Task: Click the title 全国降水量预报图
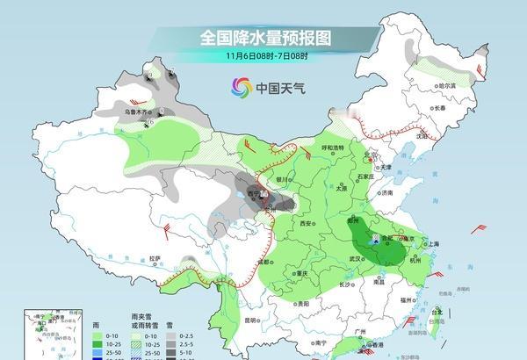coord(263,38)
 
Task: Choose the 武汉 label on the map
coord(356,258)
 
